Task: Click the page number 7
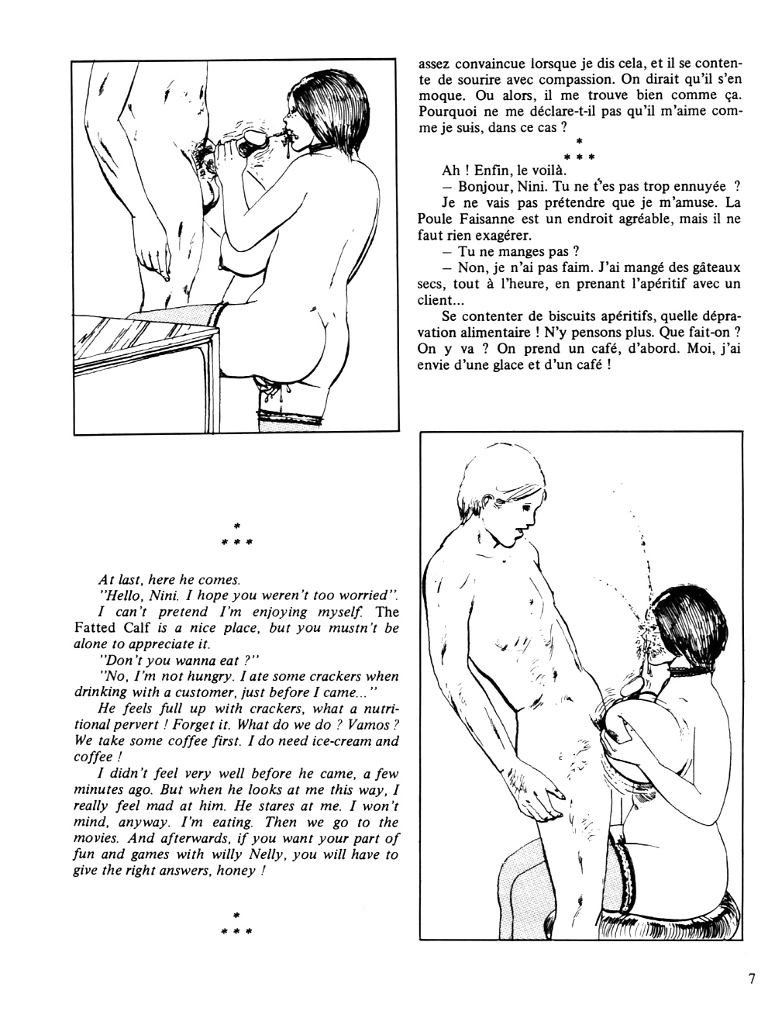tap(752, 978)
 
